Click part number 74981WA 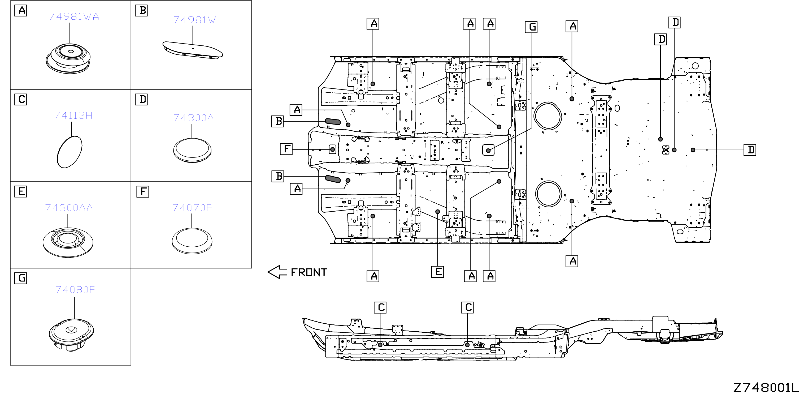(74, 16)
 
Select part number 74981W (194, 20)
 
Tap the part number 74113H (73, 115)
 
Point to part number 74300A (194, 118)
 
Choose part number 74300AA (69, 208)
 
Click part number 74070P (192, 208)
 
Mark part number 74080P (76, 290)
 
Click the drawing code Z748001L (766, 387)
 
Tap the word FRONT (309, 272)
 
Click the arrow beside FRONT (277, 272)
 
